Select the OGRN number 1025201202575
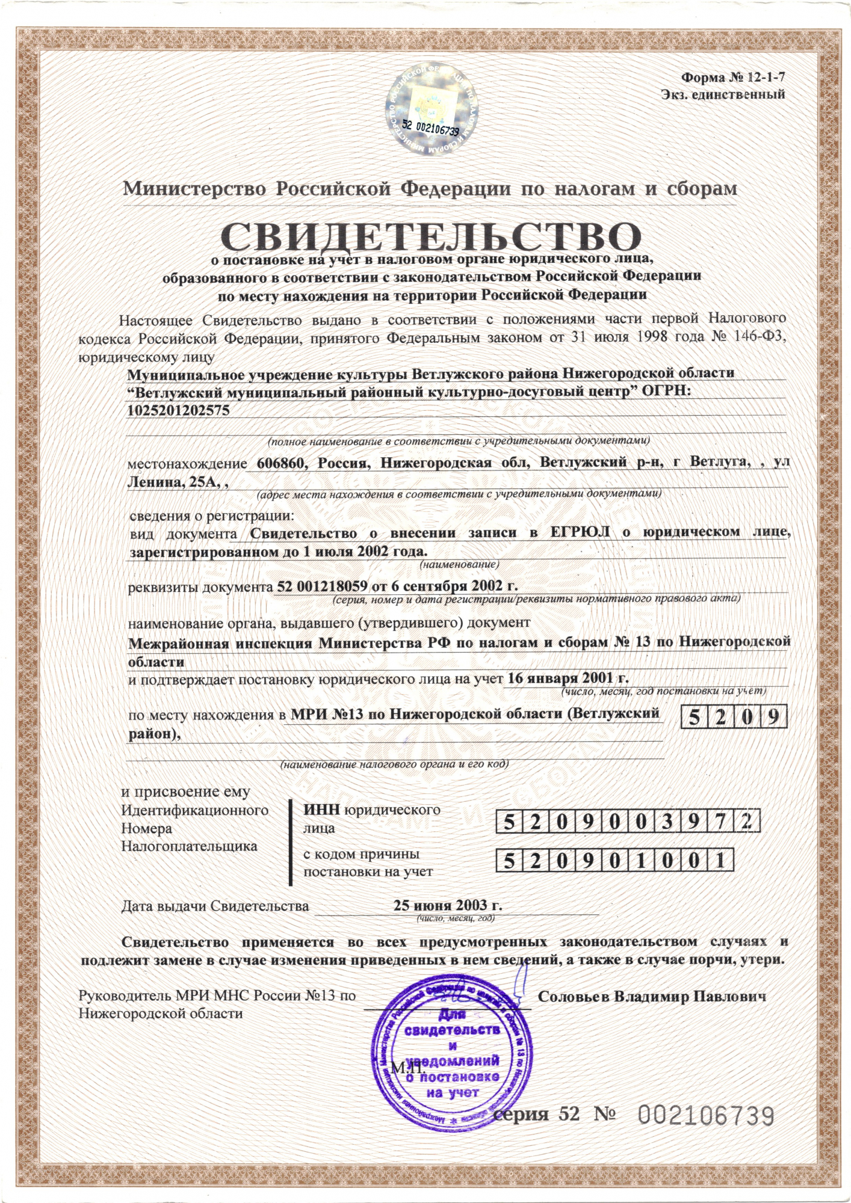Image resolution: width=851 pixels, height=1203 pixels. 179,410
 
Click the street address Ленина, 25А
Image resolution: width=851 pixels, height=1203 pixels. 172,481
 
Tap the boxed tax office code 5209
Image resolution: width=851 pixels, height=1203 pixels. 734,716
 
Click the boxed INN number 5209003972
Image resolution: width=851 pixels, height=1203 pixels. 628,822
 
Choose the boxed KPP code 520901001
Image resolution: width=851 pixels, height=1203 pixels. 614,862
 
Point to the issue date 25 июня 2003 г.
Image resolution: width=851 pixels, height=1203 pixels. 448,905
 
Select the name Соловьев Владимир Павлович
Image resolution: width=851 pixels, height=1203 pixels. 652,997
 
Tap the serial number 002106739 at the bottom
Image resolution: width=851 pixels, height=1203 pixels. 705,1116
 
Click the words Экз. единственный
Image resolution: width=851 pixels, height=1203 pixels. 723,94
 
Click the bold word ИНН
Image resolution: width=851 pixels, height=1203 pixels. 321,810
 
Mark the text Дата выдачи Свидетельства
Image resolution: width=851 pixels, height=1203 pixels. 215,906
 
